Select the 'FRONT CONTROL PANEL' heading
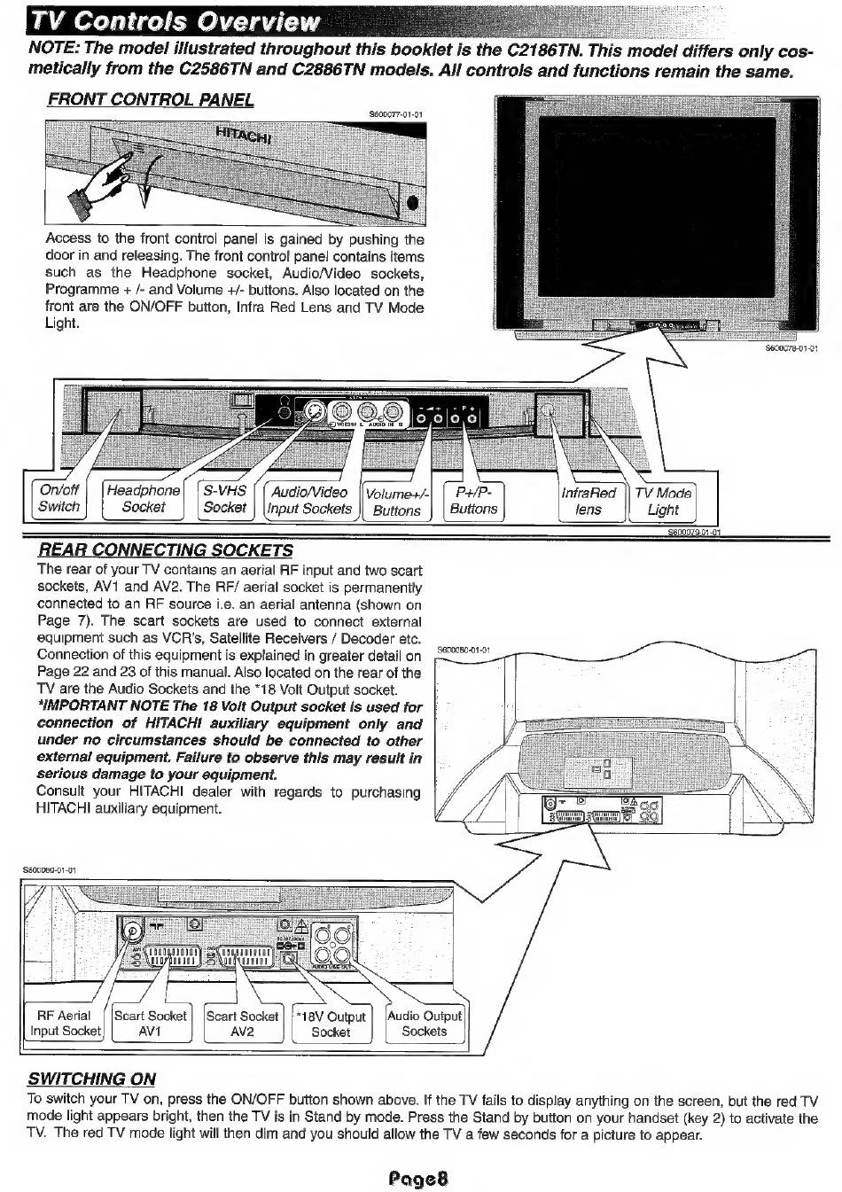pyautogui.click(x=151, y=99)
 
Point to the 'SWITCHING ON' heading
pyautogui.click(x=92, y=1079)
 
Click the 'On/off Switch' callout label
pyautogui.click(x=58, y=498)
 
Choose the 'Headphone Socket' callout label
pyautogui.click(x=143, y=499)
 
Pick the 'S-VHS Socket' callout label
pyautogui.click(x=224, y=498)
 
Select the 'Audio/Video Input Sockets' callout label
pyautogui.click(x=309, y=501)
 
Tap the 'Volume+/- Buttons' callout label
pyautogui.click(x=396, y=502)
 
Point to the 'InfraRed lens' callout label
pyautogui.click(x=589, y=501)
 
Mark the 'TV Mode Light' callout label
pyautogui.click(x=662, y=501)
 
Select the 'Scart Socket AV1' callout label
pyautogui.click(x=150, y=1024)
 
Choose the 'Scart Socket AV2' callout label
pyautogui.click(x=242, y=1024)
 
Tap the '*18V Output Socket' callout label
pyautogui.click(x=331, y=1024)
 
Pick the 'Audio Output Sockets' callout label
pyautogui.click(x=424, y=1023)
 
